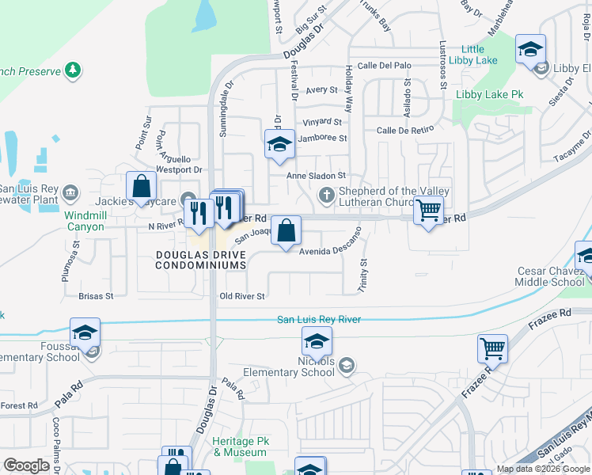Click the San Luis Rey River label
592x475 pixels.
(x=319, y=319)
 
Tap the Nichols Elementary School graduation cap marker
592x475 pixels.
(x=317, y=342)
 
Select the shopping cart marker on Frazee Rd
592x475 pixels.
(x=492, y=348)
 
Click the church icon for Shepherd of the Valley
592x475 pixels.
(x=325, y=195)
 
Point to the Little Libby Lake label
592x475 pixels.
(x=472, y=55)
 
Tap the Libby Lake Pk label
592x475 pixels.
(x=490, y=94)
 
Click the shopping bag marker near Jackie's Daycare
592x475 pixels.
(x=141, y=188)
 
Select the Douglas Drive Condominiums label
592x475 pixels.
(x=200, y=260)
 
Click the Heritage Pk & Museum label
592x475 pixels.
(x=240, y=446)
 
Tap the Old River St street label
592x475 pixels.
(x=241, y=296)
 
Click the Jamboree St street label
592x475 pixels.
(x=321, y=138)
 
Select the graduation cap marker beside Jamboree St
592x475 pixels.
(x=279, y=144)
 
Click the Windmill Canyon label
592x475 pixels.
(x=85, y=221)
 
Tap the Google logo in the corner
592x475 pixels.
(x=26, y=465)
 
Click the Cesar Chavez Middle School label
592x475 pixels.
(x=551, y=276)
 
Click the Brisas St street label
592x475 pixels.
(x=96, y=296)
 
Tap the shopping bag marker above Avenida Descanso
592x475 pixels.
(x=287, y=230)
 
